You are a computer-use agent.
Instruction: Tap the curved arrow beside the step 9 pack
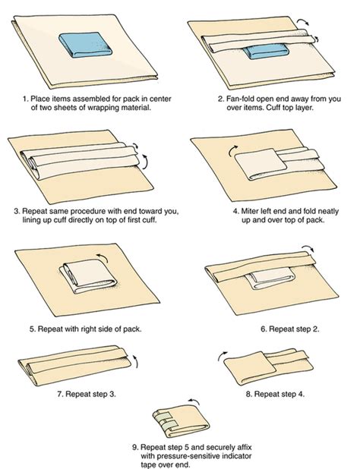[x=191, y=405]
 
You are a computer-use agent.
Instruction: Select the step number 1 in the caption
[x=24, y=99]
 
